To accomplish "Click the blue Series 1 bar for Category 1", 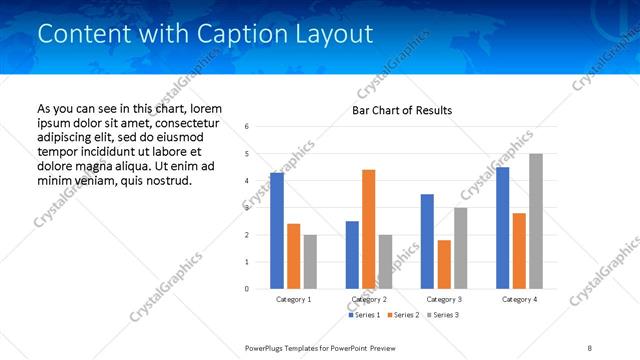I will [277, 231].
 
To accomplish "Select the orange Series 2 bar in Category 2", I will [368, 229].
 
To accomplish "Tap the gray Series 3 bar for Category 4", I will [536, 221].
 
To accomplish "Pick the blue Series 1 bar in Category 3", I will [427, 241].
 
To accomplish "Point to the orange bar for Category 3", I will [444, 264].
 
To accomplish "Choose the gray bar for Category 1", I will [310, 262].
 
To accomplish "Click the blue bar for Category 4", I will [503, 228].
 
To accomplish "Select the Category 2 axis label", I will [369, 299].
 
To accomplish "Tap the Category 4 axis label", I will [519, 299].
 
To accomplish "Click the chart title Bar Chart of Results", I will [402, 110].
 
